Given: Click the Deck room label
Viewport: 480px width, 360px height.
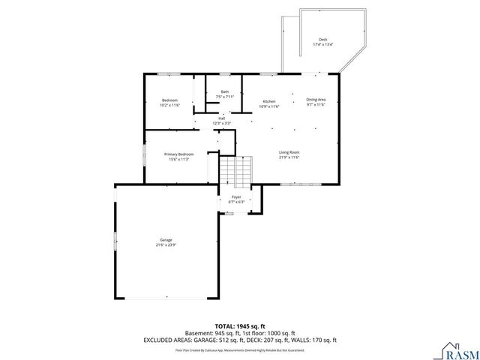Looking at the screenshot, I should [x=322, y=40].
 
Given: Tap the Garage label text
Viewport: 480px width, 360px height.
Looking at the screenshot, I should [x=166, y=240].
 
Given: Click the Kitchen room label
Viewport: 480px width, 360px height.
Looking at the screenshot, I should [x=268, y=101].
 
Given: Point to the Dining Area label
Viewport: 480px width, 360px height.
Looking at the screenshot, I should [x=316, y=100].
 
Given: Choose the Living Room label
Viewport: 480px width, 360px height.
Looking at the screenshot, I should [x=289, y=152].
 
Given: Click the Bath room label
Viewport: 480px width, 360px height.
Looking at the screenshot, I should [x=224, y=91].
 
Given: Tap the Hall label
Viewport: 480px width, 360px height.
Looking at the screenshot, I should [x=222, y=118].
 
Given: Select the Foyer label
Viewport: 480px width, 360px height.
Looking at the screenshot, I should [x=236, y=197].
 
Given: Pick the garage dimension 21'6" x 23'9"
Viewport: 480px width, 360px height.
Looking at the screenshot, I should [x=166, y=245].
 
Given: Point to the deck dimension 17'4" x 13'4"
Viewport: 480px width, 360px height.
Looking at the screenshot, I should [x=322, y=45].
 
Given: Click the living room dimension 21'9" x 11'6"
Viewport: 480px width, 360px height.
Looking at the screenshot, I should [x=289, y=157].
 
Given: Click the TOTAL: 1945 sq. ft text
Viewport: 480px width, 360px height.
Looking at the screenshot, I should [x=240, y=325].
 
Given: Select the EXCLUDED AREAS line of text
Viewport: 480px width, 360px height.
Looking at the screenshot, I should [x=240, y=340].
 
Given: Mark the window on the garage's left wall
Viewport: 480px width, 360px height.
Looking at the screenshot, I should [x=115, y=241].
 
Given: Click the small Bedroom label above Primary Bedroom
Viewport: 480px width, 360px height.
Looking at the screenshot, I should [x=169, y=100].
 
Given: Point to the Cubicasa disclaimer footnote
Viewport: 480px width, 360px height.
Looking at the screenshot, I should [x=240, y=349].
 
